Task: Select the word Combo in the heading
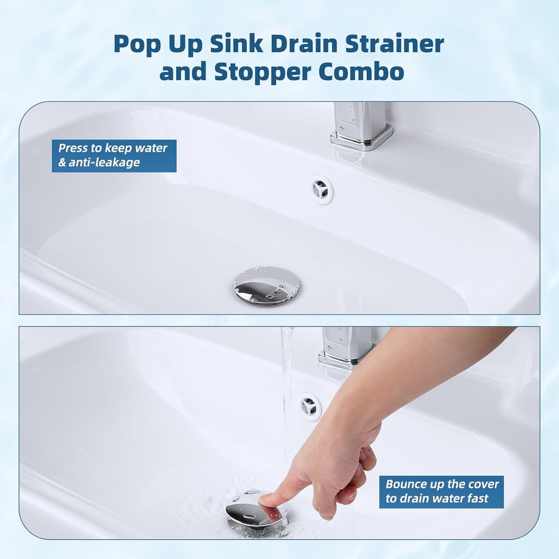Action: point(358,72)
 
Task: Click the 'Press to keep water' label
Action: point(113,148)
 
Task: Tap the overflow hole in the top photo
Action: point(321,189)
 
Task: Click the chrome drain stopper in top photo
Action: point(267,285)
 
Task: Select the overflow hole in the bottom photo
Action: point(310,407)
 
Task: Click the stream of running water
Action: point(286,393)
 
